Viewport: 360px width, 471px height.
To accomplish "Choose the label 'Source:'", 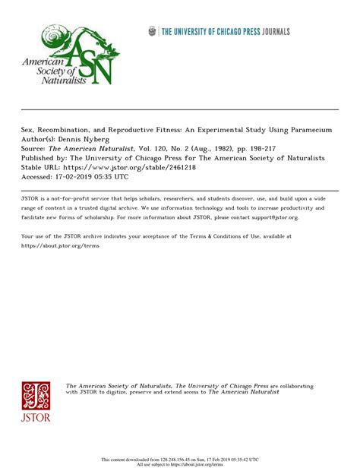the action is (33, 149).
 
